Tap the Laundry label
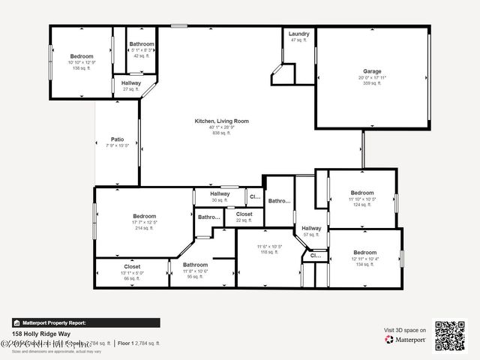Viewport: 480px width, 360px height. (299, 34)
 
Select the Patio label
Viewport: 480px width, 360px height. (117, 139)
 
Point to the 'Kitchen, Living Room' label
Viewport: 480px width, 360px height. (221, 121)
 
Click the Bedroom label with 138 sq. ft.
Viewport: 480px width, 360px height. (82, 56)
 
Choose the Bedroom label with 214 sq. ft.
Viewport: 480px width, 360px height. (145, 216)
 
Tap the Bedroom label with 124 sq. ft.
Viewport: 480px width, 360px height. (363, 193)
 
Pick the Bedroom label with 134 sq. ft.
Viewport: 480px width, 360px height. (365, 253)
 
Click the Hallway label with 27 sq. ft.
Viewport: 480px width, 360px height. (131, 83)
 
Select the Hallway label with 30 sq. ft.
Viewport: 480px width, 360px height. (220, 194)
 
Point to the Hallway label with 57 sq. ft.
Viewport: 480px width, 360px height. (311, 229)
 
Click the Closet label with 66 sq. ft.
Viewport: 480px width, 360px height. (132, 266)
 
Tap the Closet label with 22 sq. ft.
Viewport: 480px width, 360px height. (244, 214)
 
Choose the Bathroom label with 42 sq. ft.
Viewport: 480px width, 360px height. (142, 44)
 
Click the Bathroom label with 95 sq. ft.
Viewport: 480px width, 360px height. (195, 265)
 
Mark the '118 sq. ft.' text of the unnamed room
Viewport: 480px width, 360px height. (269, 253)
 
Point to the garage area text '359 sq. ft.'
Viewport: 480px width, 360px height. (373, 83)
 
